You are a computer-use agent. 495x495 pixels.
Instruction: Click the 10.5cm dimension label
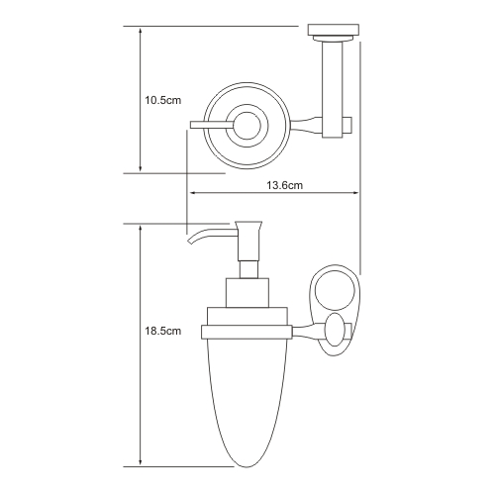(163, 100)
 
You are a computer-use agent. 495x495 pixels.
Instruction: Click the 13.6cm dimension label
(284, 185)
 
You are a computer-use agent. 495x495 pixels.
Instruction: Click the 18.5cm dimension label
(163, 331)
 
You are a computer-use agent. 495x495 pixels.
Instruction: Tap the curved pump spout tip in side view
(189, 243)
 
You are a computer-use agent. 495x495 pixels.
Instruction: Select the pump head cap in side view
(248, 229)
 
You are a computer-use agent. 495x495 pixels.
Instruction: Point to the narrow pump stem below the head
(248, 269)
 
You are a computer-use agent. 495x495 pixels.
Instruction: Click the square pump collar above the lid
(247, 293)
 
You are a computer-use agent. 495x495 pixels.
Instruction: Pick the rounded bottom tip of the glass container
(247, 466)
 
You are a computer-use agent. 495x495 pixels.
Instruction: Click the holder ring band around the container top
(247, 332)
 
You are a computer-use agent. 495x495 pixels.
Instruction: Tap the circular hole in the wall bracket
(335, 291)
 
